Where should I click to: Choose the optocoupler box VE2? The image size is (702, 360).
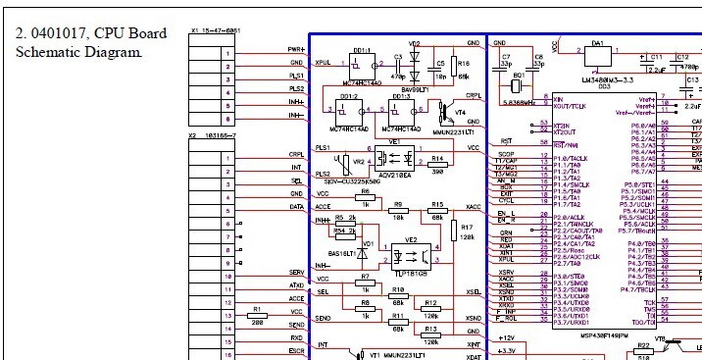(412, 250)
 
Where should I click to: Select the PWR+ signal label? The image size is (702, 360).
(296, 49)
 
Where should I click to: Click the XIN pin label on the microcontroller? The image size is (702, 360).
(560, 99)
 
